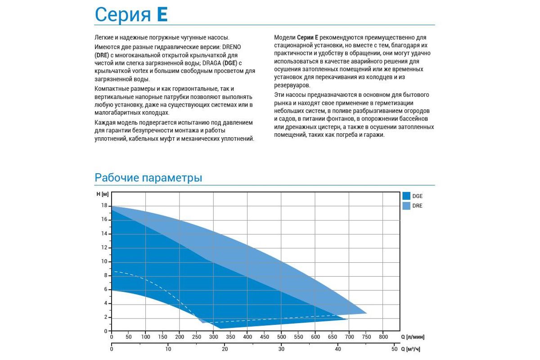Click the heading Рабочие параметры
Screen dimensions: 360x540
point(148,178)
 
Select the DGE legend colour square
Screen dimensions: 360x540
point(406,196)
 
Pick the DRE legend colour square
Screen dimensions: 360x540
point(406,206)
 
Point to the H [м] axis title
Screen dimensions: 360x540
point(103,194)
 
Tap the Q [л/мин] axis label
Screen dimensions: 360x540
point(413,337)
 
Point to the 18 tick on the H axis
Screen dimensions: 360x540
point(104,206)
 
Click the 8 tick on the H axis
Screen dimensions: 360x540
point(106,275)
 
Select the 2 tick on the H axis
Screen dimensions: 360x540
point(106,317)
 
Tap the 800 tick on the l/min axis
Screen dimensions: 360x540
point(383,337)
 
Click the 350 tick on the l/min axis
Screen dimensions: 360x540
point(230,337)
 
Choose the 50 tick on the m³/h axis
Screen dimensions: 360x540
point(395,349)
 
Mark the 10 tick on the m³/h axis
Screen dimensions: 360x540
point(168,349)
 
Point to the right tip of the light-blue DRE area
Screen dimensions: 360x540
point(366,313)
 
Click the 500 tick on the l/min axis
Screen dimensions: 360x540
point(281,337)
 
